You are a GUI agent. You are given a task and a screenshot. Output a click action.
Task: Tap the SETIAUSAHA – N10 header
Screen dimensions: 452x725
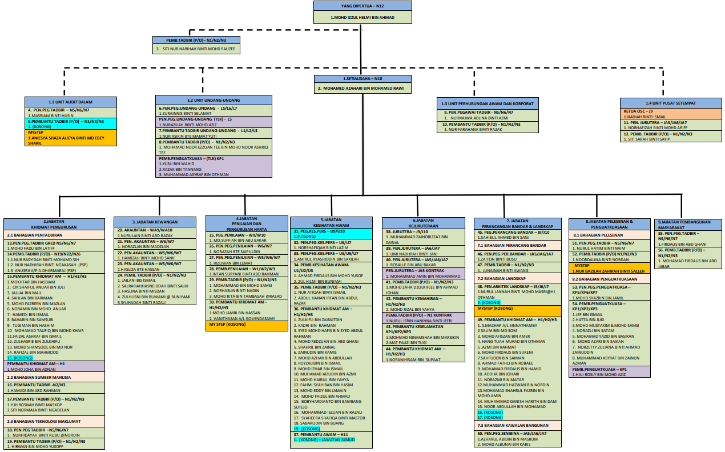click(x=362, y=78)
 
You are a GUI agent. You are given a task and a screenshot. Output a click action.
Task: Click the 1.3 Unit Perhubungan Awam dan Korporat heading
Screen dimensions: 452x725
click(x=487, y=103)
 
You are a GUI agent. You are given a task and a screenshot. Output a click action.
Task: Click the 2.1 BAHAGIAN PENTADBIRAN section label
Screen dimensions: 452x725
click(x=55, y=235)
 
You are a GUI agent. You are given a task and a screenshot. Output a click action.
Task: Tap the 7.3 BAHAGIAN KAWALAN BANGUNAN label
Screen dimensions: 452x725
click(x=513, y=425)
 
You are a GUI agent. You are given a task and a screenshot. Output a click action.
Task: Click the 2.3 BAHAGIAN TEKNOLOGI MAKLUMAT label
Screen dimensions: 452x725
click(x=55, y=421)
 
